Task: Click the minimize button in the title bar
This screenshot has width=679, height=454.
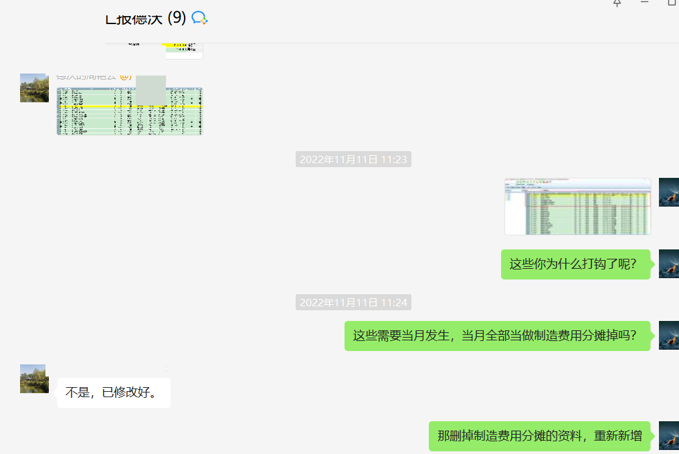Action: pos(644,3)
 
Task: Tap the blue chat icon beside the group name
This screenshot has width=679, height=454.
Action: pos(199,18)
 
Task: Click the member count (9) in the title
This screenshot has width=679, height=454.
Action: pos(177,18)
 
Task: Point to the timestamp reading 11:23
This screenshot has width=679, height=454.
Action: pos(353,159)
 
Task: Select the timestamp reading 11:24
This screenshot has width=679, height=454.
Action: pos(353,302)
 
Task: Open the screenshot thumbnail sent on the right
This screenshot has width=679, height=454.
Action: pos(577,207)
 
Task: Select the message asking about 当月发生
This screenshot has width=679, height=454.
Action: pos(497,336)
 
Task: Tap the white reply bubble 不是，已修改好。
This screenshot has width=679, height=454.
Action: pos(113,392)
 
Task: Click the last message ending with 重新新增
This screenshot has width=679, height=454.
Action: pos(539,436)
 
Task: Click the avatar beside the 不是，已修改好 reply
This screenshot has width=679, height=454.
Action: pos(34,378)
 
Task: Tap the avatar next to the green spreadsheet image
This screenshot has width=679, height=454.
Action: pos(34,88)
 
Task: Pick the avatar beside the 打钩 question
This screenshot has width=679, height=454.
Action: pos(668,263)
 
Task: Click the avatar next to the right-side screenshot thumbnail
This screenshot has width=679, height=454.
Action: pos(668,193)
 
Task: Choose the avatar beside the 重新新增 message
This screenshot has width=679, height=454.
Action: pos(668,435)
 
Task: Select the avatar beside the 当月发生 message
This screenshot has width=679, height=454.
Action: pos(668,335)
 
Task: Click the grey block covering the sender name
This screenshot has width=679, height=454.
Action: pos(151,90)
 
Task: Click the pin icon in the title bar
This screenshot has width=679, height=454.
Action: pos(617,3)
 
